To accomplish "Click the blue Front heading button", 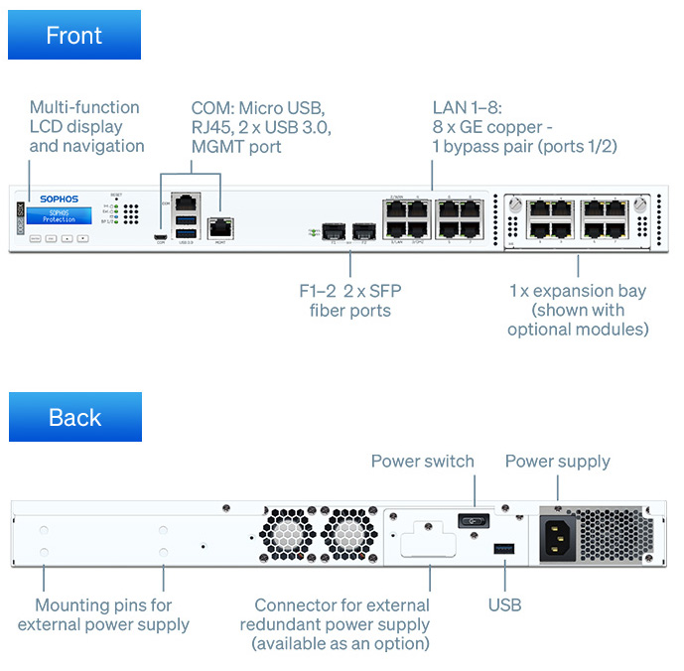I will click(x=74, y=36).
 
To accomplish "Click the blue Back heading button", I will click(x=74, y=417).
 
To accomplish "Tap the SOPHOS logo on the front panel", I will click(x=60, y=200).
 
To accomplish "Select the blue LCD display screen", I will click(x=59, y=216).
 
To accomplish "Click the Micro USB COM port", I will click(x=160, y=236).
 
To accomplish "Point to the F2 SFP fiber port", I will click(x=363, y=231).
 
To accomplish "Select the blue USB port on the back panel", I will click(x=504, y=549).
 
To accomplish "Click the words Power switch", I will click(x=422, y=462).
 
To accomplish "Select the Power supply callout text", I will click(x=557, y=462).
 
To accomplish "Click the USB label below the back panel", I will click(x=504, y=604).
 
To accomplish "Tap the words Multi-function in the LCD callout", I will click(x=84, y=107).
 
